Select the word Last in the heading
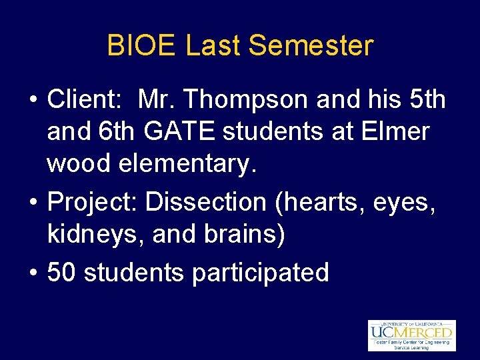point(215,46)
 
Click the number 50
point(62,272)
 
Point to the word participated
point(260,272)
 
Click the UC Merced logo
point(411,335)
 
